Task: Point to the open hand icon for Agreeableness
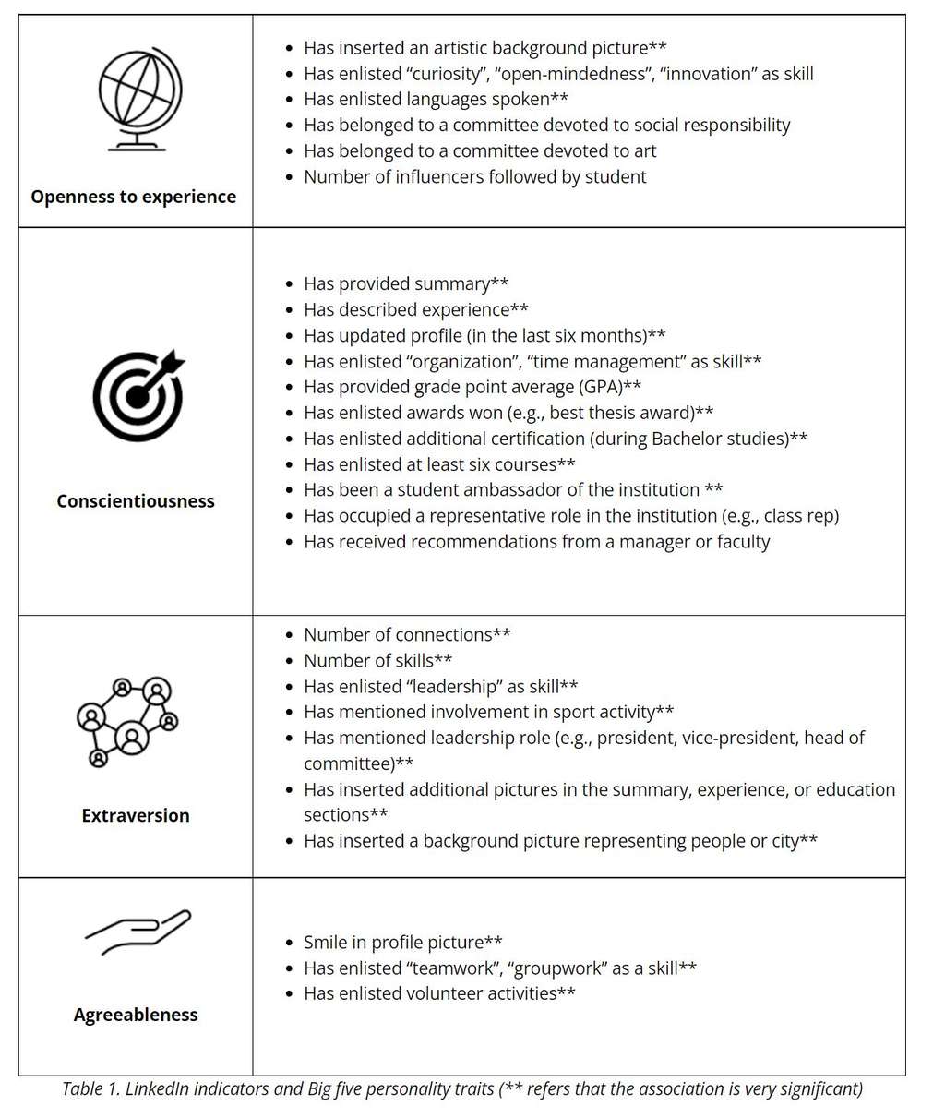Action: pos(138,931)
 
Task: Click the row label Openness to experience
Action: pos(134,197)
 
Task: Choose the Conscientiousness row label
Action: pos(136,501)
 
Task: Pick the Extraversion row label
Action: pos(136,815)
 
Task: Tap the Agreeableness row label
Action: pos(136,1015)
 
